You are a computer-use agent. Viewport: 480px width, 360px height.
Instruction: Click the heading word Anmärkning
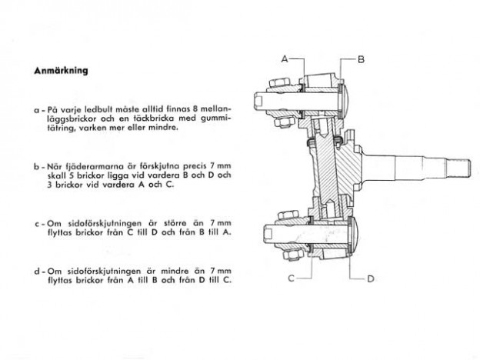pos(61,71)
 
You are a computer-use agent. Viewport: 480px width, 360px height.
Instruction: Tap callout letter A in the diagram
pos(284,58)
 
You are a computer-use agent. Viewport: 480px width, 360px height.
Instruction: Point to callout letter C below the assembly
pos(292,278)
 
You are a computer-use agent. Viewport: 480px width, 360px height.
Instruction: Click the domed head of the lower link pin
pos(355,235)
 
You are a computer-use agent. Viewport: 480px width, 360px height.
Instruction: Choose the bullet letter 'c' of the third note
pos(37,224)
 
